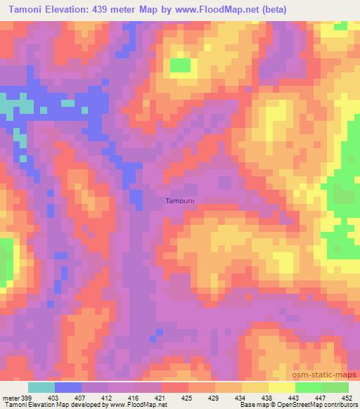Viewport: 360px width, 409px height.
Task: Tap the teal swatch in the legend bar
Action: [41, 387]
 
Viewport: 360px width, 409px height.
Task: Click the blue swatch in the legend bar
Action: [67, 387]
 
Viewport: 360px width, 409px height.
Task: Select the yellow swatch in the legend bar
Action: [281, 387]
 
